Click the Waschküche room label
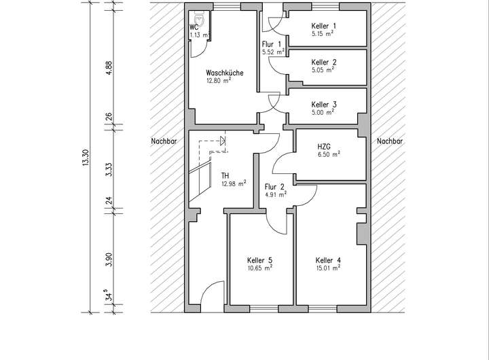click(225, 73)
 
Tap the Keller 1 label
click(324, 26)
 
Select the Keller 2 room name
click(324, 62)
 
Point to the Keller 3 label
click(324, 105)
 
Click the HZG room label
click(324, 146)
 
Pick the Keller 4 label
click(328, 260)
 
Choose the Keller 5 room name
click(260, 260)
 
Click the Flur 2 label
click(275, 186)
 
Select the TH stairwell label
click(225, 175)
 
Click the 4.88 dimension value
click(108, 70)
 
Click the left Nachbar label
click(164, 142)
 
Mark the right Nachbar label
click(389, 142)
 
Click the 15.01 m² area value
click(328, 268)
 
